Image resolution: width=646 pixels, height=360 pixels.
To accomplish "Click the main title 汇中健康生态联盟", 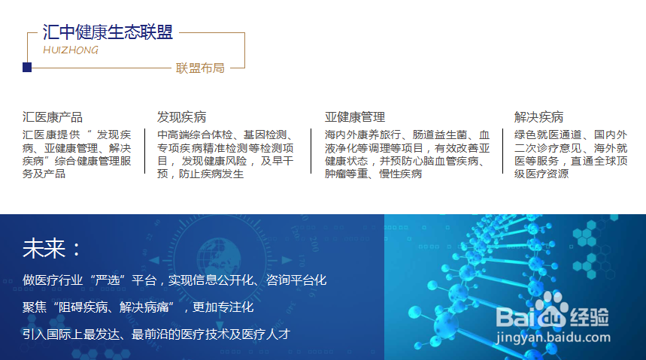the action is pyautogui.click(x=108, y=32).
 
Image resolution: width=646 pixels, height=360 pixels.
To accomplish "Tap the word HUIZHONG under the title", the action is pyautogui.click(x=71, y=50).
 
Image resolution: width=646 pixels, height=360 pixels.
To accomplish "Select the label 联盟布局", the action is pyautogui.click(x=200, y=68).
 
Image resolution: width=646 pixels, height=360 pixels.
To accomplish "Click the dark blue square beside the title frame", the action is pyautogui.click(x=27, y=67).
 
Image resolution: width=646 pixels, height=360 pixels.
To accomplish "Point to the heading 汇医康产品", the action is pyautogui.click(x=53, y=117).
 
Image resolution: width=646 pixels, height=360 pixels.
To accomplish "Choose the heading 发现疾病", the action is pyautogui.click(x=181, y=117).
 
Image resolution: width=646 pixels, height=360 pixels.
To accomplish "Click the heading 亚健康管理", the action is pyautogui.click(x=355, y=117).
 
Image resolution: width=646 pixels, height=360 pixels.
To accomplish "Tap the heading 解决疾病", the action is pyautogui.click(x=538, y=117).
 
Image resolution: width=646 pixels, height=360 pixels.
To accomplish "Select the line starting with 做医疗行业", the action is pyautogui.click(x=174, y=280).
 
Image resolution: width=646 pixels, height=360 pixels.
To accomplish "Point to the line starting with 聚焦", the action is pyautogui.click(x=138, y=307).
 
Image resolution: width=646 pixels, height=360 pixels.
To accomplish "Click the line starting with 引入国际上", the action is pyautogui.click(x=156, y=334).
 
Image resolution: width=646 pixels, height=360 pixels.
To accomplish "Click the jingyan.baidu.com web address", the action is pyautogui.click(x=553, y=337).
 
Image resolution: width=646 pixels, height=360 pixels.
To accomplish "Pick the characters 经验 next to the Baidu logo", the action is pyautogui.click(x=589, y=316).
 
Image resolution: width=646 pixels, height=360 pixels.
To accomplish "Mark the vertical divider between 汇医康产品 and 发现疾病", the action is pyautogui.click(x=145, y=151).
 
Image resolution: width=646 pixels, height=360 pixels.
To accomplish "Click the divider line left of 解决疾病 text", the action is pyautogui.click(x=502, y=151).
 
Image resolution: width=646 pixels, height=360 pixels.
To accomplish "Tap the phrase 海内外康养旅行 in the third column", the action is pyautogui.click(x=362, y=135).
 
